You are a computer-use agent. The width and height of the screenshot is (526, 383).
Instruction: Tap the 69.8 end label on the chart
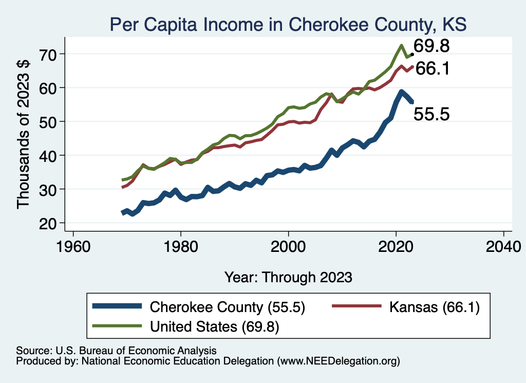click(432, 46)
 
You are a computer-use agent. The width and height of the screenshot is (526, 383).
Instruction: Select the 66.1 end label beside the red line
click(433, 68)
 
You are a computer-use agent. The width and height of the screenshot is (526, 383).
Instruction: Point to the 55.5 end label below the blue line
click(431, 114)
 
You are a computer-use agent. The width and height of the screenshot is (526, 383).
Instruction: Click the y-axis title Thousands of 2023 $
click(24, 135)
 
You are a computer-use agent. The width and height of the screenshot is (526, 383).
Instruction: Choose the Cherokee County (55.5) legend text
click(228, 307)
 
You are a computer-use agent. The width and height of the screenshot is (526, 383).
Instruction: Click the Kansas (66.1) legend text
click(434, 307)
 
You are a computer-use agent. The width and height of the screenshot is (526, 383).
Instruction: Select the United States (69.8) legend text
click(214, 326)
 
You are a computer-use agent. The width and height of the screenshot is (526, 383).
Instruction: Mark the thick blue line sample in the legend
click(117, 307)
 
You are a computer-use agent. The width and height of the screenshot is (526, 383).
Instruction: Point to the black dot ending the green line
click(412, 54)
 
